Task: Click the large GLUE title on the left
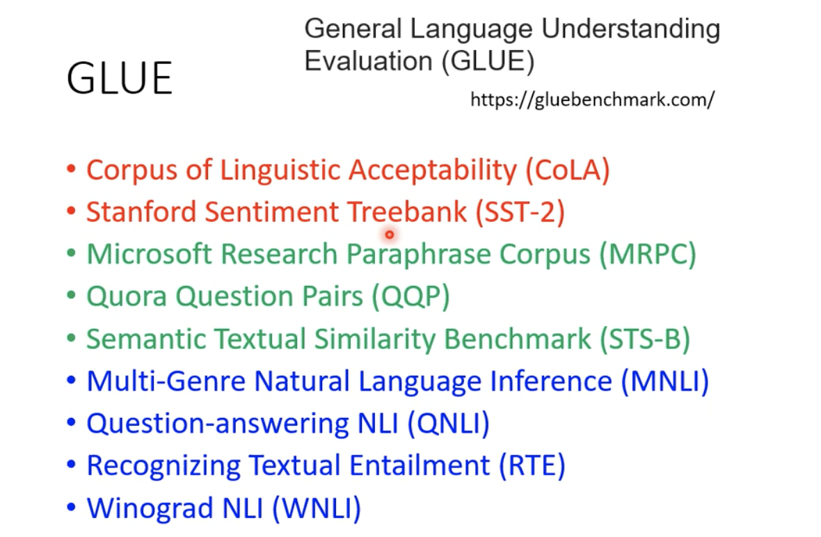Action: [119, 78]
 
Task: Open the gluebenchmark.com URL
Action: [592, 99]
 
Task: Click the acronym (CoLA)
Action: [568, 170]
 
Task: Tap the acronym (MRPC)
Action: [647, 255]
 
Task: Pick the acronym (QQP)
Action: [410, 297]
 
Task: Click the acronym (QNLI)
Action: [449, 424]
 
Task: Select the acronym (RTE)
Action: [532, 466]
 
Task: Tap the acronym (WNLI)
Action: [317, 508]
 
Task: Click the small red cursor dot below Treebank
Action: [390, 234]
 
